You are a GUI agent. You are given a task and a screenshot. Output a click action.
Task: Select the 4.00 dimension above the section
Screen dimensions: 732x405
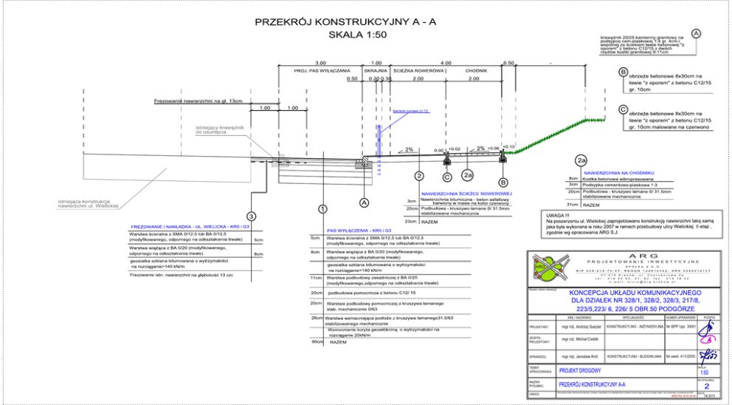click(445, 63)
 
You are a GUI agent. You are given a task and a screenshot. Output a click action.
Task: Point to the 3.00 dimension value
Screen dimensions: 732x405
click(320, 63)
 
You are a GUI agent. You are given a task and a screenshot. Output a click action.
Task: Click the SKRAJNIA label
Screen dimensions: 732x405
click(376, 70)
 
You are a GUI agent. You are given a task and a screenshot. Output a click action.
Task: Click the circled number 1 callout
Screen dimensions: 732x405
click(322, 209)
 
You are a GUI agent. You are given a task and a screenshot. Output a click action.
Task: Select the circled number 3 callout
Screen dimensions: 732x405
click(252, 216)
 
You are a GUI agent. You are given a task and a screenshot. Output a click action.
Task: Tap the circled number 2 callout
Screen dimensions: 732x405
click(418, 176)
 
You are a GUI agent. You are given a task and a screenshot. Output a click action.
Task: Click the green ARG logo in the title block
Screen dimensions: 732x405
click(551, 268)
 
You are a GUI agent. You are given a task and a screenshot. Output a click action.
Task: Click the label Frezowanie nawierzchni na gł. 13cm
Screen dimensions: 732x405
click(198, 101)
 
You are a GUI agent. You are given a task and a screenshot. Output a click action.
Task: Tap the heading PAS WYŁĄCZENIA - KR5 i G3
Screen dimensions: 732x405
click(359, 231)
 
